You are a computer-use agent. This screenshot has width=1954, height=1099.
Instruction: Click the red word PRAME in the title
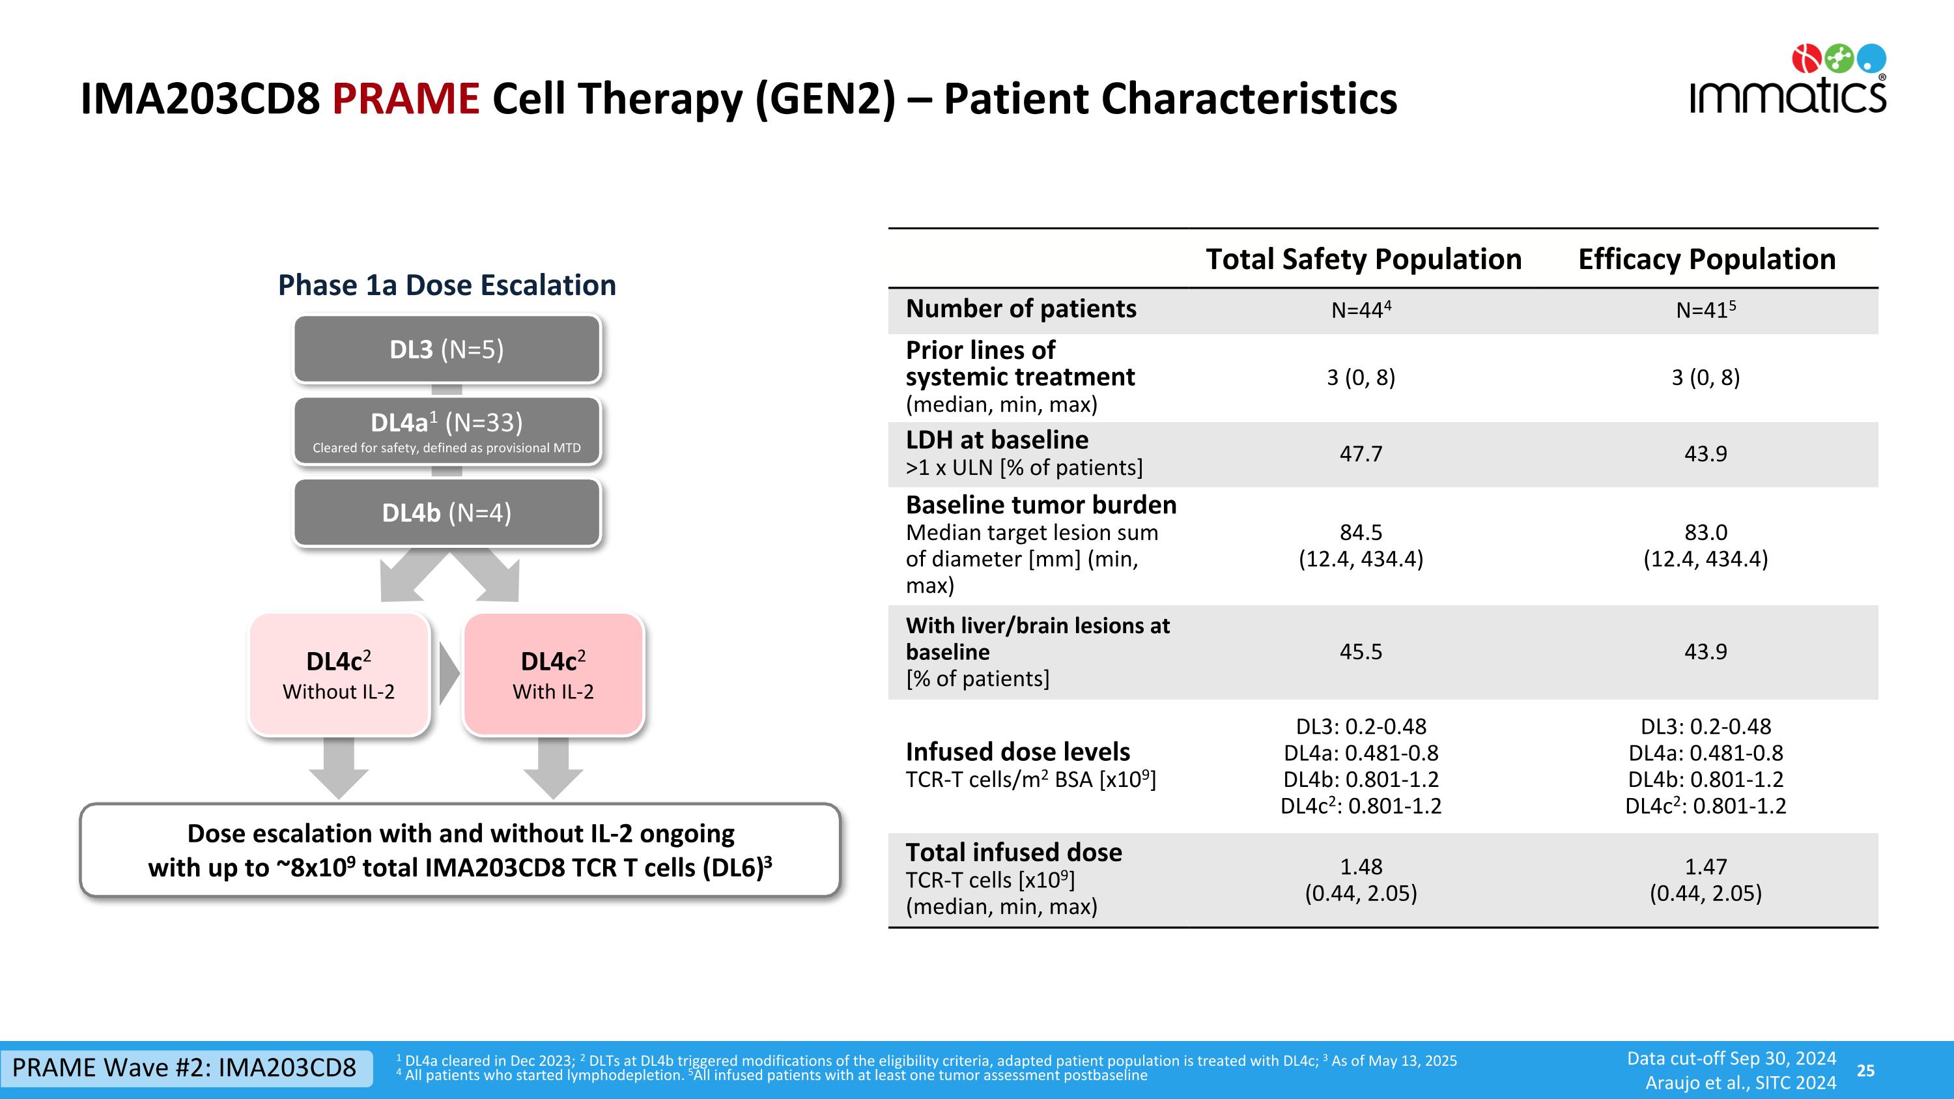pyautogui.click(x=405, y=100)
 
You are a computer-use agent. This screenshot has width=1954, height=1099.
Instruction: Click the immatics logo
pyautogui.click(x=1787, y=81)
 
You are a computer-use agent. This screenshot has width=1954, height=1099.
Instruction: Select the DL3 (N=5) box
pyautogui.click(x=447, y=350)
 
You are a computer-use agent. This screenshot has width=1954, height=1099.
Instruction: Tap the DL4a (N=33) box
pyautogui.click(x=447, y=431)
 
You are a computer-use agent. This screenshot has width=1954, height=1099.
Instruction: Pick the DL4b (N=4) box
pyautogui.click(x=447, y=513)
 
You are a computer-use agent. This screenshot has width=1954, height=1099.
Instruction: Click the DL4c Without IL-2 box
pyautogui.click(x=339, y=674)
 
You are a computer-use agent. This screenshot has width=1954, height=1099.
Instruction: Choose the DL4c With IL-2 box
pyautogui.click(x=553, y=674)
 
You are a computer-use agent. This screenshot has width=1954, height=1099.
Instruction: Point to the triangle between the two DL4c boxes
pyautogui.click(x=448, y=674)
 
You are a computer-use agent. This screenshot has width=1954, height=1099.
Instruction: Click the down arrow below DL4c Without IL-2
pyautogui.click(x=339, y=768)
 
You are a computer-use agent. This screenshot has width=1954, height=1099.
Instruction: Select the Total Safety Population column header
pyautogui.click(x=1363, y=259)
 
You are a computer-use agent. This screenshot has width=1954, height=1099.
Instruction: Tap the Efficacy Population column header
pyautogui.click(x=1706, y=259)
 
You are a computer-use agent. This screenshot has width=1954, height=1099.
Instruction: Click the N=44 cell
pyautogui.click(x=1361, y=309)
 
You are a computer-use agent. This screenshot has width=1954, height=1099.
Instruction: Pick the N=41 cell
pyautogui.click(x=1705, y=309)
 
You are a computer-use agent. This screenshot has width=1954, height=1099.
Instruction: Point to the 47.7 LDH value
pyautogui.click(x=1361, y=453)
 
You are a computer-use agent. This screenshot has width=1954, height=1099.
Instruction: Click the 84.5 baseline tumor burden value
pyautogui.click(x=1361, y=532)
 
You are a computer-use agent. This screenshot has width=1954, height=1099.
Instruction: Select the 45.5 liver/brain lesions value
pyautogui.click(x=1361, y=651)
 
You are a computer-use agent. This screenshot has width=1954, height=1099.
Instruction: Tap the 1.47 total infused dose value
pyautogui.click(x=1705, y=867)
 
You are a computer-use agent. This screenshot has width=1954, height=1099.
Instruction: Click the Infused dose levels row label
pyautogui.click(x=1018, y=752)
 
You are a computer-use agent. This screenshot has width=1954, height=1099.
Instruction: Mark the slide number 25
pyautogui.click(x=1865, y=1070)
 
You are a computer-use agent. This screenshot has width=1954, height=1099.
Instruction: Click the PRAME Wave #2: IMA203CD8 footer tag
pyautogui.click(x=184, y=1068)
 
